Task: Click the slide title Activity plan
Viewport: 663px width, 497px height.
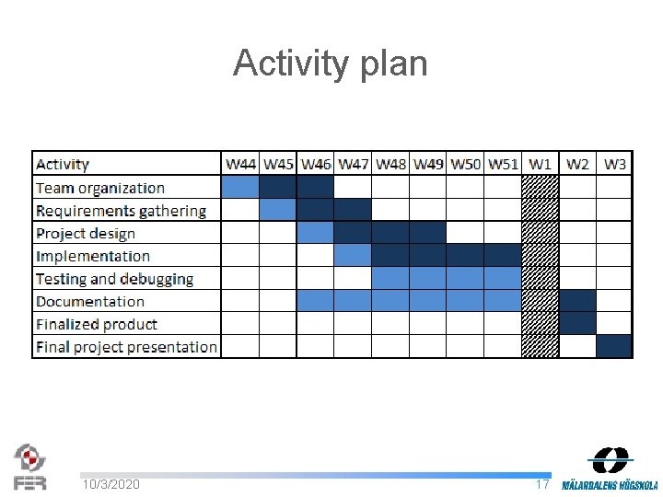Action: pos(331,64)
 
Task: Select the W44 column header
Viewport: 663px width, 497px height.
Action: pos(240,164)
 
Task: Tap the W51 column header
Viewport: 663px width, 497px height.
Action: pos(503,164)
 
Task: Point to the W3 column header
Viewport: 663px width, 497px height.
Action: pos(615,164)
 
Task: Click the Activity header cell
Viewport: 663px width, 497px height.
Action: pos(63,165)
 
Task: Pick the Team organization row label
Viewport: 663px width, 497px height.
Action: pos(100,188)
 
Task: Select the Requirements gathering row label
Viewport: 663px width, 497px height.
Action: pos(121,211)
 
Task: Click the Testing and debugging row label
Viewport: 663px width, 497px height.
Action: pos(114,279)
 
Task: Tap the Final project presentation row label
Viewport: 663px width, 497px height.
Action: pos(126,347)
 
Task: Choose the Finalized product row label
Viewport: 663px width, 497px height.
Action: pos(97,324)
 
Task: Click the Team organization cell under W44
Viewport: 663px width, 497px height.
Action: pos(240,187)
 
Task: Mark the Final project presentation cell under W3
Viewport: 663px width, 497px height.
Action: pos(615,346)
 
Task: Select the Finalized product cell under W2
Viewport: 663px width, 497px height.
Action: pos(577,323)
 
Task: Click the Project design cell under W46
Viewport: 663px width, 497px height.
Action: pos(315,232)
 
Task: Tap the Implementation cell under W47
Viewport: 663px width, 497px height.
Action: pos(353,255)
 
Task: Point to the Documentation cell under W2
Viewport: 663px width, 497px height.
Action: pos(577,301)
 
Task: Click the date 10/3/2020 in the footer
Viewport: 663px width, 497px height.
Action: pos(110,484)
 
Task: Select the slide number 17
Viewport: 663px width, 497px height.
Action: pos(542,484)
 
